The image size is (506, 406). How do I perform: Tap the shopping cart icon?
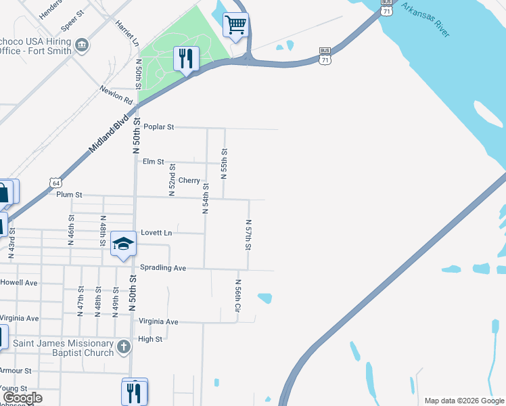(235, 26)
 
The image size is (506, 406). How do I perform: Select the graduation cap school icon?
(123, 244)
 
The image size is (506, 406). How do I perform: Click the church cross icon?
(123, 348)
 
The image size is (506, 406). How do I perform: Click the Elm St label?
(154, 162)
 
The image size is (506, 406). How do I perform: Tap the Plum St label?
(69, 195)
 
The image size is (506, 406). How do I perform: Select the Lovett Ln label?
(156, 233)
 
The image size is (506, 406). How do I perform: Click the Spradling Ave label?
(162, 268)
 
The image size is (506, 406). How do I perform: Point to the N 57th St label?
(248, 234)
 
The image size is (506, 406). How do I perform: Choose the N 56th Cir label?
(238, 295)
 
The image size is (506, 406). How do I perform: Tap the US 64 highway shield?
(56, 183)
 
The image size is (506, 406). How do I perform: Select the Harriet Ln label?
(127, 31)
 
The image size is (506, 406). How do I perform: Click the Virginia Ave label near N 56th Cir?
(158, 321)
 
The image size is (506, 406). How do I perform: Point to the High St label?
(150, 339)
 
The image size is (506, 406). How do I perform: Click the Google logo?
(22, 398)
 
